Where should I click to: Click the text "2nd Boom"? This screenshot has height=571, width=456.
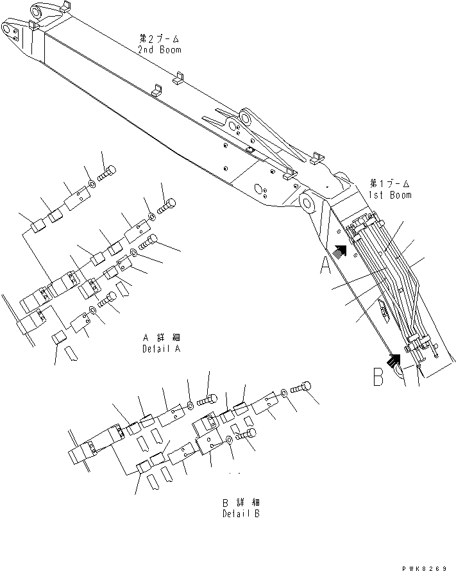coord(159,49)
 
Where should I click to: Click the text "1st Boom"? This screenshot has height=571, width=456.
coord(391,195)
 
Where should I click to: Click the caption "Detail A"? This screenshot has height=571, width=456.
coord(162,349)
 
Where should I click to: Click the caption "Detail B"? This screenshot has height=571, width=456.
coord(241,513)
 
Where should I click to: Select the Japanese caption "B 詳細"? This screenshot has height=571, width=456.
coord(241,504)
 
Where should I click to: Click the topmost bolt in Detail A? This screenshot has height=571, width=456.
coord(108,172)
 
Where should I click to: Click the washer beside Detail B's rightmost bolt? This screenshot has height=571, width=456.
coord(284,393)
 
